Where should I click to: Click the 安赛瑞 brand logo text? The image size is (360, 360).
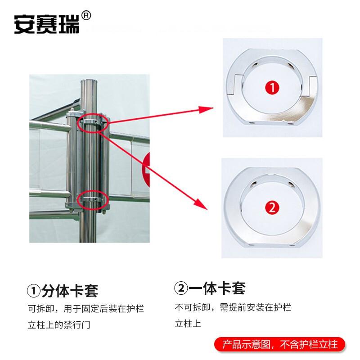coord(47,24)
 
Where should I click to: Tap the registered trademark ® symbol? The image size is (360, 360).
coord(87,15)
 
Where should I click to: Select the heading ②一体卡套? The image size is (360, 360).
coord(210,288)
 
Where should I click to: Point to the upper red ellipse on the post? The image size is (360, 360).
coord(94,123)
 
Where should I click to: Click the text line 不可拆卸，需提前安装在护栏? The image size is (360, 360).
coord(233,308)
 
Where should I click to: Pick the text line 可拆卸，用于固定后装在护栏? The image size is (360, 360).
coord(86,309)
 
